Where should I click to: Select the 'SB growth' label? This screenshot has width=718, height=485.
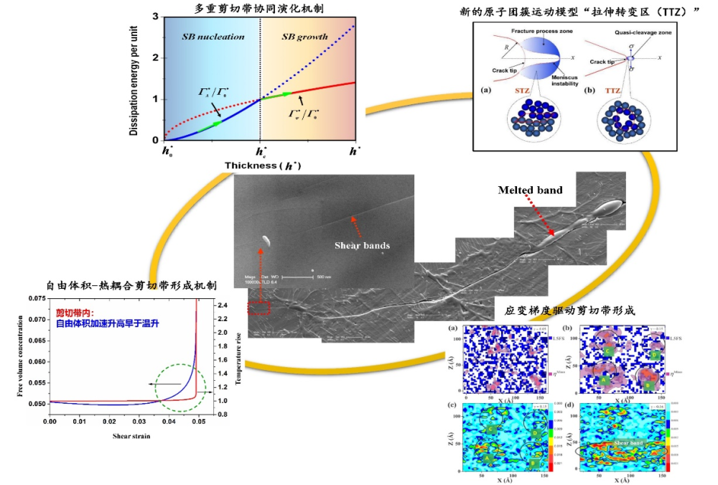[x=304, y=37]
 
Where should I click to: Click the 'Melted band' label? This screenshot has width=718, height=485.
[x=530, y=190]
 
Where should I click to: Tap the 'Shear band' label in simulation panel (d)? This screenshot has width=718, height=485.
[x=631, y=443]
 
